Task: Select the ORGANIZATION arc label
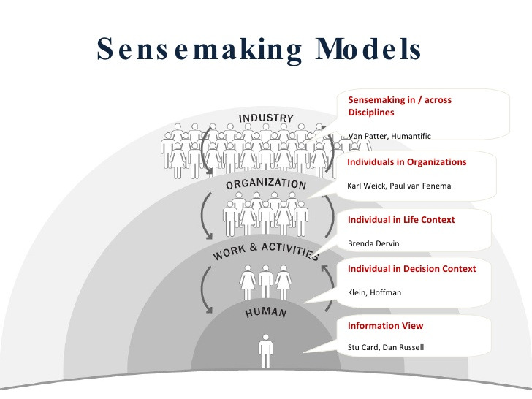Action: pos(266,183)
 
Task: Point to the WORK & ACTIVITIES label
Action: pos(265,248)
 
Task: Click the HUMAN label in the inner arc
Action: pos(265,313)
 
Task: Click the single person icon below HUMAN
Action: pos(265,351)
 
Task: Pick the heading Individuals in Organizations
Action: pos(406,162)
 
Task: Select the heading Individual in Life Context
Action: pos(400,220)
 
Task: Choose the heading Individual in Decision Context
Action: pos(411,269)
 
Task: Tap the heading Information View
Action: pos(385,326)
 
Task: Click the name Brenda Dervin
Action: pos(373,243)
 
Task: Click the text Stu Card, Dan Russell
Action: pos(385,347)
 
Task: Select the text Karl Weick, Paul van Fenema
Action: pos(399,186)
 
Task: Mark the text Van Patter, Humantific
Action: pos(389,136)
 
